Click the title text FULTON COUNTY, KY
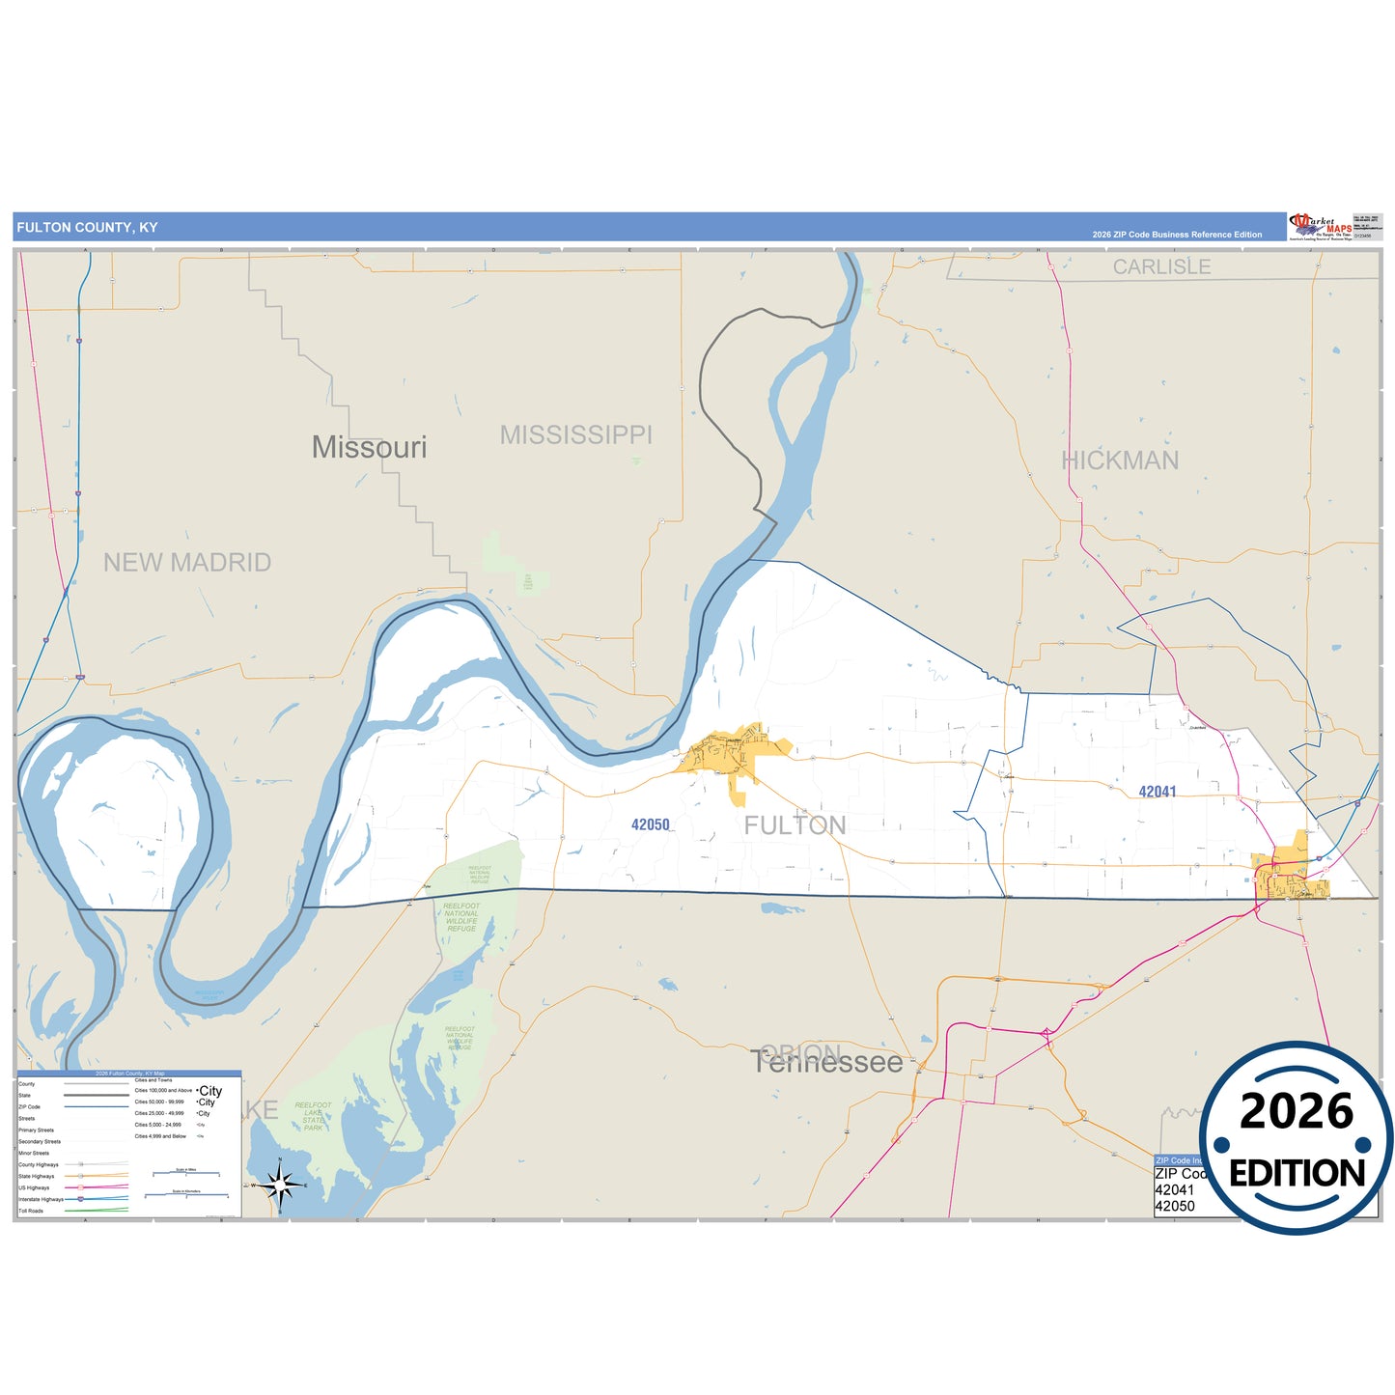87,228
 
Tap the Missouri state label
369,447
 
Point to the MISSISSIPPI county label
575,435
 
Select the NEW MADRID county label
187,563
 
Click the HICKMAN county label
1120,460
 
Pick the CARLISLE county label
1161,266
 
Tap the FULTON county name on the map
795,825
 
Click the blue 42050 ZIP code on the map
650,824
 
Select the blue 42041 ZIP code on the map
1157,792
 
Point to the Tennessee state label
827,1062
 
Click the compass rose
279,1185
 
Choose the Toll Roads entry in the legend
31,1211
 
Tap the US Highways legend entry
34,1187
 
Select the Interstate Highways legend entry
41,1199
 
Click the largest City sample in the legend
209,1091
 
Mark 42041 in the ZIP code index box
1174,1190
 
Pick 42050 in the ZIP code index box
1174,1206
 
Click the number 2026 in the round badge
1296,1111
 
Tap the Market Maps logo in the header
1319,227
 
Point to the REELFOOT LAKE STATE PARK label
313,1117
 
